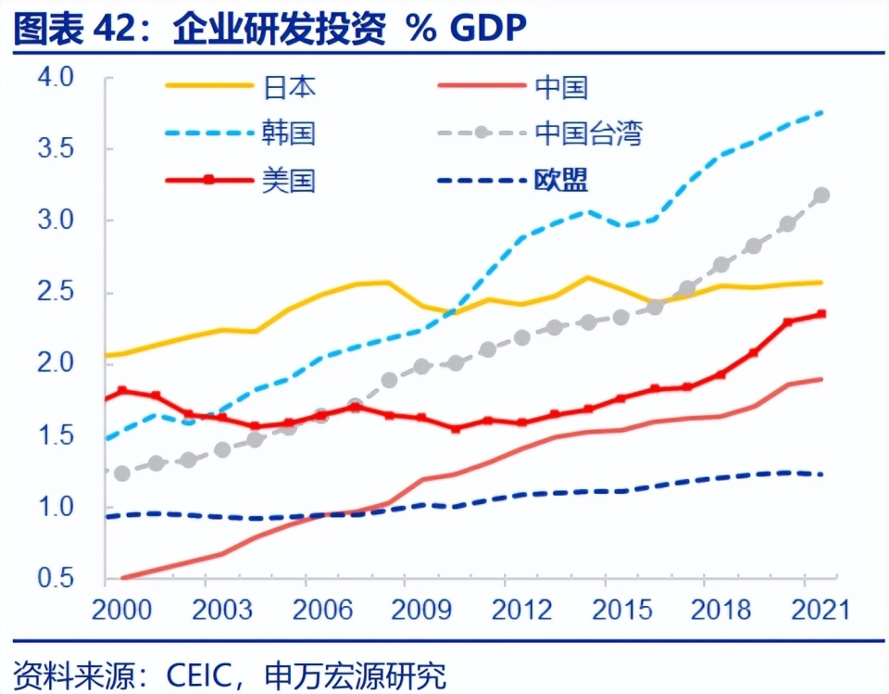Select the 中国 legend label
tap(562, 87)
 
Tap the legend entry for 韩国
tap(291, 132)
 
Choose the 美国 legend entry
tap(291, 179)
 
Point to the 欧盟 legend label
tap(562, 179)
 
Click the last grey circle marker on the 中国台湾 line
tap(820, 196)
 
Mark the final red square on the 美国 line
tap(820, 314)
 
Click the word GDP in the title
tap(488, 29)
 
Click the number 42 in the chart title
tap(115, 29)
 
